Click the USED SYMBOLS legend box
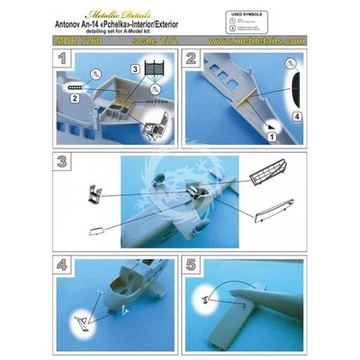coord(279,20)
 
